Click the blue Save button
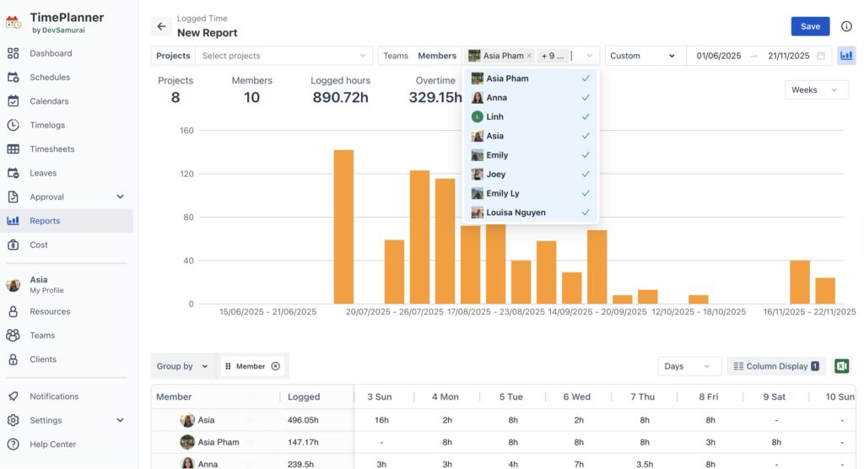coord(810,26)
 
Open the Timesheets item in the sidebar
coord(51,149)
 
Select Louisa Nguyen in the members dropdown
coord(516,213)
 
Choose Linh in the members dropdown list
coord(495,116)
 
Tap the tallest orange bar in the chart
coord(343,227)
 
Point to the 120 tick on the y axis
coord(186,174)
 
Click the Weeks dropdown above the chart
coord(816,90)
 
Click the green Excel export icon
coord(841,366)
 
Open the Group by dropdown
coord(181,366)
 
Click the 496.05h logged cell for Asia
coord(303,420)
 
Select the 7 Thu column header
coord(645,396)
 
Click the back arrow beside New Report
coord(162,26)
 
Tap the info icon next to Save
coord(846,26)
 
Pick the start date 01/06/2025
coord(718,56)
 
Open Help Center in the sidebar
coord(52,445)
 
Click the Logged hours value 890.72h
coord(340,98)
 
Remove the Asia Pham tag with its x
coord(529,56)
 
